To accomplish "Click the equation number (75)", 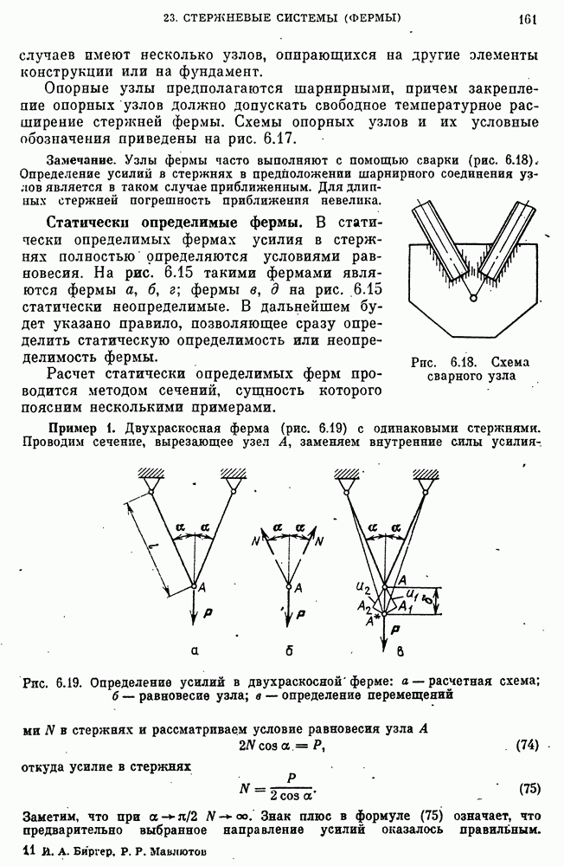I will coord(529,788).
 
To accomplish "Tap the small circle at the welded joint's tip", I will coord(472,299).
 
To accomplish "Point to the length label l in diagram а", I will coord(152,543).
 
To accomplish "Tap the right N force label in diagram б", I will coord(320,542).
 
